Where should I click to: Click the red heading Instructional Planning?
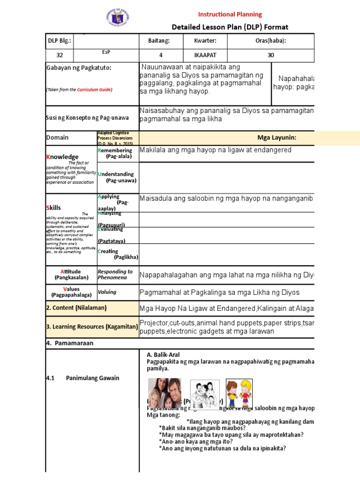(230, 14)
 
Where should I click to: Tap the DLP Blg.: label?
(60, 41)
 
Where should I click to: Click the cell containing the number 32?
(60, 55)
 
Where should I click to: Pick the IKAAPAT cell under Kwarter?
(204, 55)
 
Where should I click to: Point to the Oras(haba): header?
(270, 41)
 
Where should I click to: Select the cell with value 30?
(270, 55)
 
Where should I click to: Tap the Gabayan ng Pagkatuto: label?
(79, 68)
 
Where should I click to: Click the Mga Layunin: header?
(277, 137)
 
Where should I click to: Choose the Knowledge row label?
(62, 157)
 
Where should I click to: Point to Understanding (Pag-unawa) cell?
(117, 177)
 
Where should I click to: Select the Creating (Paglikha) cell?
(117, 254)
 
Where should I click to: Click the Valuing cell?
(107, 292)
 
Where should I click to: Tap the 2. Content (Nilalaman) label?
(76, 307)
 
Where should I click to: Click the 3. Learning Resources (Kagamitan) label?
(92, 326)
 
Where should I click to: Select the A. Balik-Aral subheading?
(163, 355)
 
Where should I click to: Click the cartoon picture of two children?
(239, 393)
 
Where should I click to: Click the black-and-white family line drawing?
(204, 395)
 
